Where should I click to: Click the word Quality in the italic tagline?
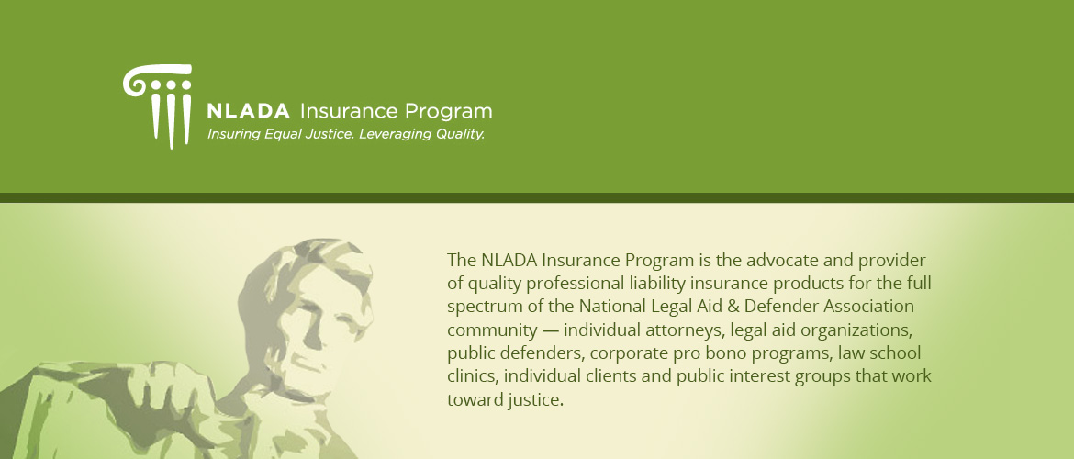click(460, 134)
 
